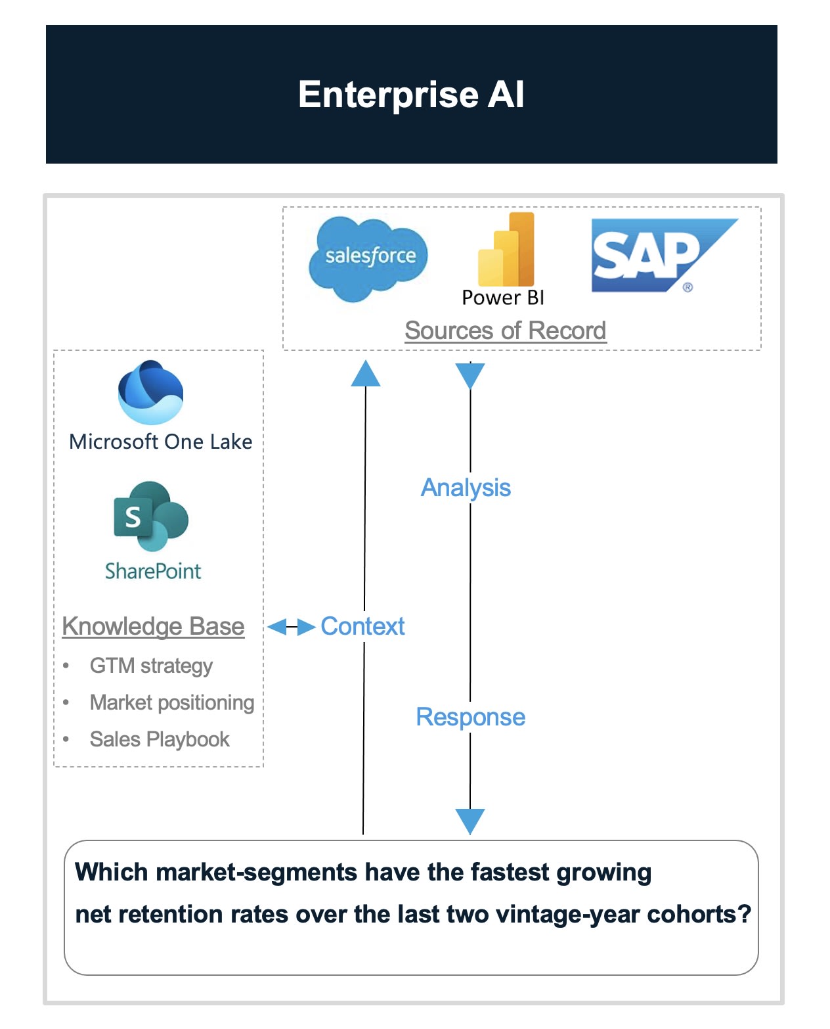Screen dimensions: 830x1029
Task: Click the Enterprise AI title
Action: tap(411, 95)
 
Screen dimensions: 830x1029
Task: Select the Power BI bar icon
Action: tap(506, 250)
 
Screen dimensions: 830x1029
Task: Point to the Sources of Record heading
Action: tap(505, 331)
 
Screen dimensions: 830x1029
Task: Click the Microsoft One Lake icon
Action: tap(151, 393)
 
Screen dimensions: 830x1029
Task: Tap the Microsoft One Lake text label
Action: tap(161, 442)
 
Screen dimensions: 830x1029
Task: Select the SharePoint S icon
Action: tap(150, 516)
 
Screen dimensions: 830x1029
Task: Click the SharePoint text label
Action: tap(153, 571)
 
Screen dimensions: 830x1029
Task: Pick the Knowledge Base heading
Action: tap(153, 626)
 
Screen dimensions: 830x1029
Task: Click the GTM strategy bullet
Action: tap(151, 666)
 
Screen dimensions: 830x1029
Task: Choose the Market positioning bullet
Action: tap(172, 702)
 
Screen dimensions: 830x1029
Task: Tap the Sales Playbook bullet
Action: tap(160, 739)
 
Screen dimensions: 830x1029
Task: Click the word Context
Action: tap(362, 626)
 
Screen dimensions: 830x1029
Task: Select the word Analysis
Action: tap(466, 488)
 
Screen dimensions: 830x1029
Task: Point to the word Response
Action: tap(470, 717)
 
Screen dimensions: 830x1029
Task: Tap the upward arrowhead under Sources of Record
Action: tap(366, 373)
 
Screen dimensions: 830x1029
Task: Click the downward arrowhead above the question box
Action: tap(470, 821)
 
